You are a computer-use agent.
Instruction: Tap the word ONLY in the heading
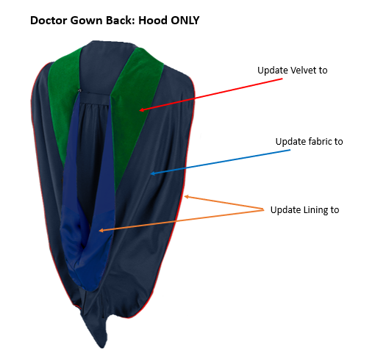[185, 21]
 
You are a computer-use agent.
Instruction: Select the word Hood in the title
[153, 21]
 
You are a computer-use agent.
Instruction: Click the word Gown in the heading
[87, 21]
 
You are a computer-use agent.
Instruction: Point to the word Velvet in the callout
[304, 71]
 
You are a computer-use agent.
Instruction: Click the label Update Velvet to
[293, 71]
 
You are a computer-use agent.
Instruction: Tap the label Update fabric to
[310, 142]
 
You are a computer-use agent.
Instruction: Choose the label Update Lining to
[305, 210]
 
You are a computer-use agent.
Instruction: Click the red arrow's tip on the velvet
[140, 110]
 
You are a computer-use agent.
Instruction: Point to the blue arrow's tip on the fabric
[151, 173]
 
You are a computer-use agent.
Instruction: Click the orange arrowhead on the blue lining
[99, 231]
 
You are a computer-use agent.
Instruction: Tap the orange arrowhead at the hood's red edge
[185, 196]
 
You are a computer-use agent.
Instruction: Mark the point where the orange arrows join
[264, 210]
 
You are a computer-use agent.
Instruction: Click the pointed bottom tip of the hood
[102, 348]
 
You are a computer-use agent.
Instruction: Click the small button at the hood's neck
[79, 90]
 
